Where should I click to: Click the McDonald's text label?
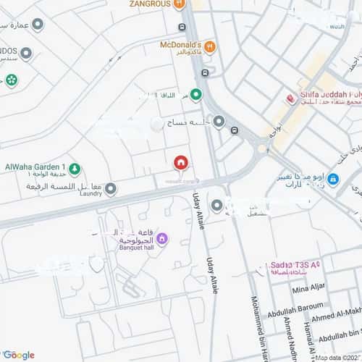click(x=181, y=44)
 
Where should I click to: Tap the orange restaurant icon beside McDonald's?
click(x=209, y=47)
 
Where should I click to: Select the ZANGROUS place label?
click(x=150, y=4)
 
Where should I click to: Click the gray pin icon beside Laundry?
click(x=111, y=189)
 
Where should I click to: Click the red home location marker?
click(x=181, y=161)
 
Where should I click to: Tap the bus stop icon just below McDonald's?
click(x=206, y=72)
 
